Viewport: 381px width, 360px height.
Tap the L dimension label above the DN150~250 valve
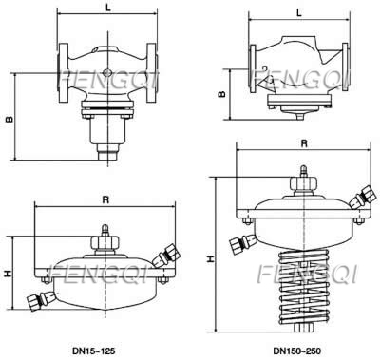[299, 12]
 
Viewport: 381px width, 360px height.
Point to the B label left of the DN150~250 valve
[220, 94]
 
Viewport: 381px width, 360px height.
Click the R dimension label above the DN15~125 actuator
[105, 201]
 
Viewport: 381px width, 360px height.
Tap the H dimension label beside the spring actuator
[208, 257]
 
